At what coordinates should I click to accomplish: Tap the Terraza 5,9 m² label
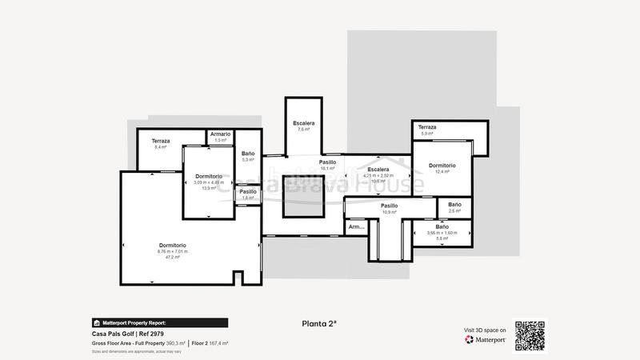(x=427, y=130)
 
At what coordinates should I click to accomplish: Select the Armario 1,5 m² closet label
(x=221, y=137)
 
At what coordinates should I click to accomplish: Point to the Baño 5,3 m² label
(x=248, y=156)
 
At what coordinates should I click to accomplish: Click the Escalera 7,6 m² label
(x=304, y=126)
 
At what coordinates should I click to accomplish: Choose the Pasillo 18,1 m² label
(x=327, y=165)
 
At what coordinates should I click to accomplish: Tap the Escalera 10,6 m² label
(x=378, y=175)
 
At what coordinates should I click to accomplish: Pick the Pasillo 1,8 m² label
(x=248, y=194)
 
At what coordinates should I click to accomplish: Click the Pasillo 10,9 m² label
(x=390, y=209)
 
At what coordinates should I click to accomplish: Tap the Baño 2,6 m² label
(x=454, y=207)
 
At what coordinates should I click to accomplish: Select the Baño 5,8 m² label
(x=442, y=232)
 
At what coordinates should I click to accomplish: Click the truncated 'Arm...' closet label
(x=356, y=227)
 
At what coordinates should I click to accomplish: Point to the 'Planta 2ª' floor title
(x=319, y=324)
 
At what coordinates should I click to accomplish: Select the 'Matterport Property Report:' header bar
(x=161, y=322)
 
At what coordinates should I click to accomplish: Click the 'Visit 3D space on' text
(x=485, y=330)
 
